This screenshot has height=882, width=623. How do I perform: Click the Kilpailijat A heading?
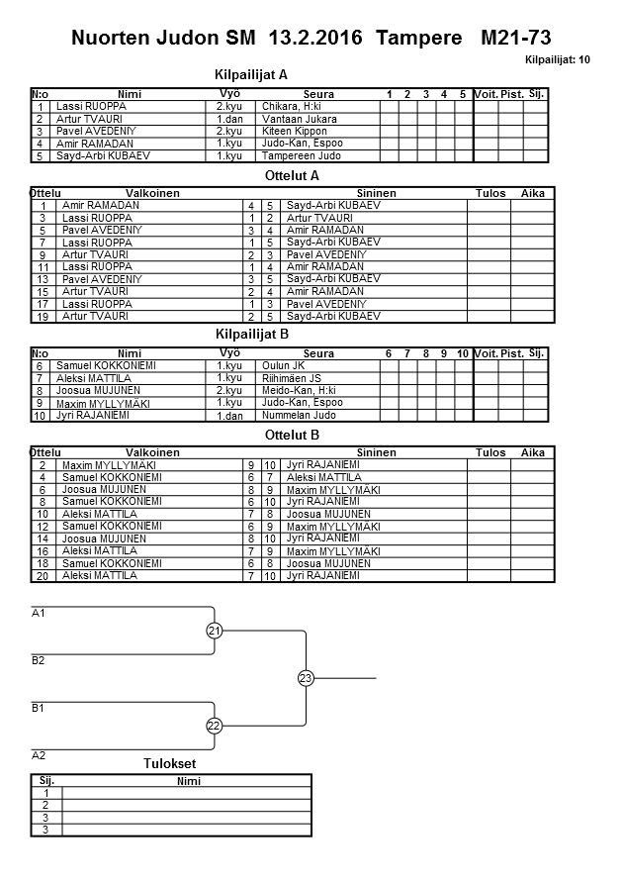[x=251, y=74]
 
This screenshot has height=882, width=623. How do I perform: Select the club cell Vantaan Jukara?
[x=300, y=119]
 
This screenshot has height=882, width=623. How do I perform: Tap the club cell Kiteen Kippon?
[x=296, y=131]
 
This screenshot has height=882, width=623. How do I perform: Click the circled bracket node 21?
[x=215, y=631]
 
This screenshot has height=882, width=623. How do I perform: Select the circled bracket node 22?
[x=215, y=726]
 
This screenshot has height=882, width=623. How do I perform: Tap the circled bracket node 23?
[x=305, y=678]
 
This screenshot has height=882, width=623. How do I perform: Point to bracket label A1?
[x=39, y=614]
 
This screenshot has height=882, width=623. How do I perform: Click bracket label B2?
[x=39, y=660]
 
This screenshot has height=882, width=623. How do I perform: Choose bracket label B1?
[x=39, y=709]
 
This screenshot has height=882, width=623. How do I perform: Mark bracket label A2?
[x=39, y=755]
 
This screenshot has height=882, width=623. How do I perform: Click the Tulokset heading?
[x=170, y=764]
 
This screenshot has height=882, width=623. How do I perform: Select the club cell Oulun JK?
[x=283, y=365]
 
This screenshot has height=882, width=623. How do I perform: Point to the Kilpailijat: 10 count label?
[x=558, y=60]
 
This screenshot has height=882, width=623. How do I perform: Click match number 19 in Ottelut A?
[x=43, y=317]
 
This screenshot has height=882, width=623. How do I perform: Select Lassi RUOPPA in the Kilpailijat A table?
[x=91, y=106]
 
